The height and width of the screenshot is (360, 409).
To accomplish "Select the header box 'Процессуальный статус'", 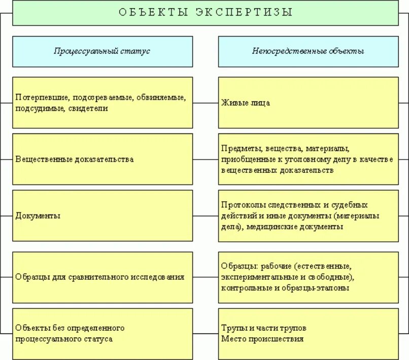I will [103, 51].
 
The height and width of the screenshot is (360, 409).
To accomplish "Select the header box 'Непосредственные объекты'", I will [308, 51].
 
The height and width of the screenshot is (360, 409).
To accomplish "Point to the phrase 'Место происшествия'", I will [262, 339].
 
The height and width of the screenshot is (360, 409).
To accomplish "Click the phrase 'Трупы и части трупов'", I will [264, 328].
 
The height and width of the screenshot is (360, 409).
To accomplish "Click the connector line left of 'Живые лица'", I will [206, 103].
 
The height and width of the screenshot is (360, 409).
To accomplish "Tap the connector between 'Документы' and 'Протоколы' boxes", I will [206, 215].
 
